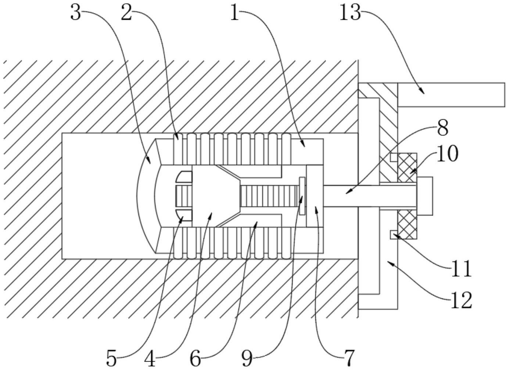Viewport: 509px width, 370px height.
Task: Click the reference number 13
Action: tap(350, 13)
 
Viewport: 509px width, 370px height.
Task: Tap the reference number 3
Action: tap(75, 13)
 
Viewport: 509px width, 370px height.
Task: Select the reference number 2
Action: tap(126, 13)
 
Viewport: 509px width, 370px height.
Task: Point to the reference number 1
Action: tap(235, 13)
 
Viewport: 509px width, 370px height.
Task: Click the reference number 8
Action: tap(442, 128)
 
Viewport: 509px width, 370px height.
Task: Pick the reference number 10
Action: tap(447, 154)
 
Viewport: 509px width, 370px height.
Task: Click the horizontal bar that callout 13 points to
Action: tap(451, 95)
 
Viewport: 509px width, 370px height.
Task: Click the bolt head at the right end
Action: tap(425, 196)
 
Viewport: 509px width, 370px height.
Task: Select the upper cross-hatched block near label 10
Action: tap(407, 167)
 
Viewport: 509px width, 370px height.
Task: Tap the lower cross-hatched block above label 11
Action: tap(407, 224)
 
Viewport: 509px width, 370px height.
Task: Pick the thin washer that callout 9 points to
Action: tap(302, 196)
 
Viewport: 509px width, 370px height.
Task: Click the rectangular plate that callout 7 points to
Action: tap(315, 196)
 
